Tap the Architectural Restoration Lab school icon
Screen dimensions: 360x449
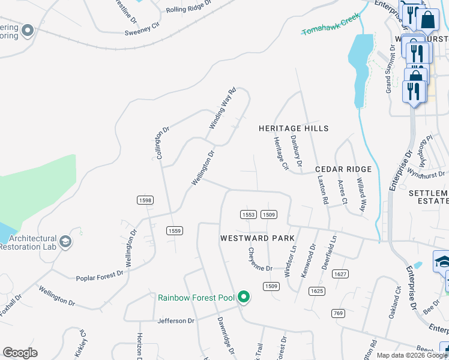(x=65, y=242)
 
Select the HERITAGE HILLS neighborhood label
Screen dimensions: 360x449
(x=294, y=128)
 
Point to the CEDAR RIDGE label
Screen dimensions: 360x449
(x=343, y=170)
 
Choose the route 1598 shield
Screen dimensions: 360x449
(x=145, y=200)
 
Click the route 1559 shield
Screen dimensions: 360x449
(x=174, y=230)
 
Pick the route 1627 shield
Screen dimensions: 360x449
(x=340, y=274)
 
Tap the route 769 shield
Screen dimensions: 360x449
(x=338, y=313)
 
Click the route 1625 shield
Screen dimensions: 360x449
(x=317, y=291)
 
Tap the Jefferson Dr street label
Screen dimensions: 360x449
(x=176, y=321)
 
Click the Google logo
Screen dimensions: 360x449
(x=20, y=353)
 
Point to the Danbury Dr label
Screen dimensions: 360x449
(x=296, y=151)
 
